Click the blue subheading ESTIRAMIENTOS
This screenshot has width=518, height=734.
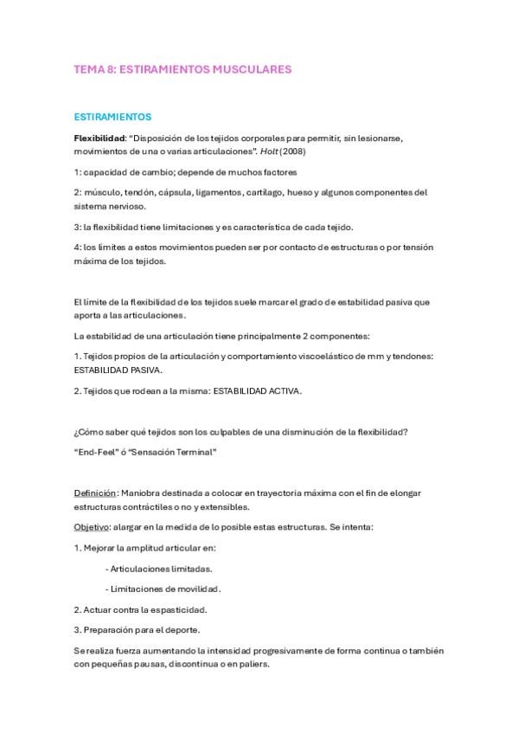click(x=112, y=116)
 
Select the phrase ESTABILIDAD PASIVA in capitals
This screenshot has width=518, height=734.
click(x=112, y=369)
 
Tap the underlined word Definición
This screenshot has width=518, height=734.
click(x=95, y=493)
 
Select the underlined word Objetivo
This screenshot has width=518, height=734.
click(x=93, y=527)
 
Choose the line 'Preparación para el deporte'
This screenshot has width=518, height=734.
click(x=144, y=629)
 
